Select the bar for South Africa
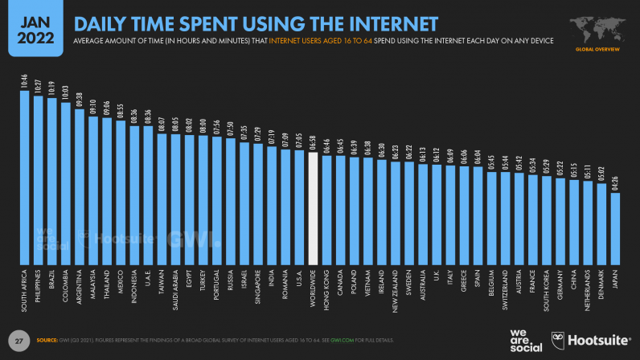(24, 178)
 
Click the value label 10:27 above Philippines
(38, 87)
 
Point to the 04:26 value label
(616, 183)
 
